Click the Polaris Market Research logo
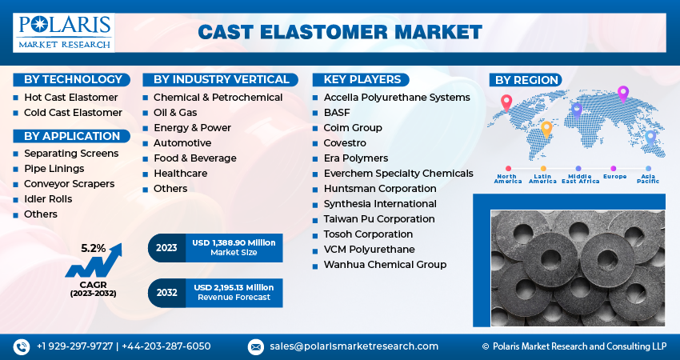tap(63, 32)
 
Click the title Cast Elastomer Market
tap(340, 32)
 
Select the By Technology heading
tap(72, 79)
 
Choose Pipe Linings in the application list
tap(54, 169)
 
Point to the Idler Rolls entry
tap(48, 199)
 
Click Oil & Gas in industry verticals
tap(175, 113)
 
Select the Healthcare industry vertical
tap(180, 174)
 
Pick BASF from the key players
tap(338, 113)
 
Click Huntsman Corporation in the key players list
tap(380, 189)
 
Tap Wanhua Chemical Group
tap(385, 265)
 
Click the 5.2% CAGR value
tap(93, 249)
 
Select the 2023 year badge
tap(166, 248)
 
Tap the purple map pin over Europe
tap(623, 93)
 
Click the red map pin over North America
tap(506, 102)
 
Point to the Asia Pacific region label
tap(649, 178)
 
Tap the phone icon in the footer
tap(21, 346)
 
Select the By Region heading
tap(526, 80)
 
